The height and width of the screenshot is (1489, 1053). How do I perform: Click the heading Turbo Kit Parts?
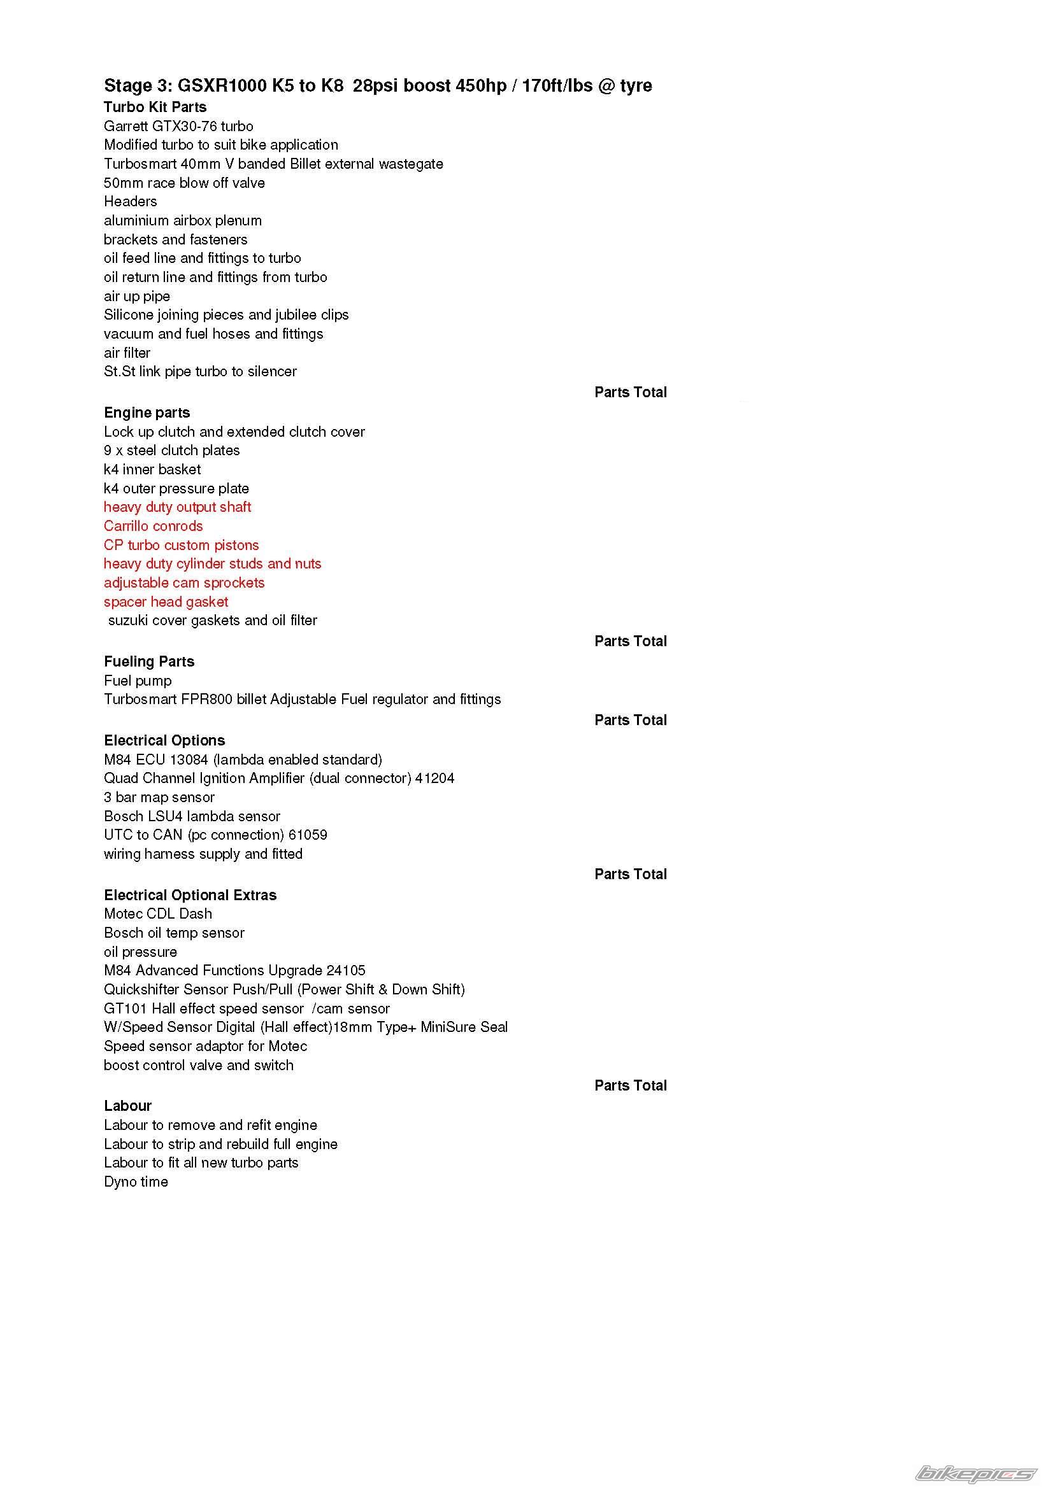[155, 107]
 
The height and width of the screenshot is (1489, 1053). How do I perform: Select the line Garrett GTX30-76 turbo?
[178, 126]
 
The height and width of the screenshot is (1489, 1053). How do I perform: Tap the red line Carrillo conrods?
[153, 526]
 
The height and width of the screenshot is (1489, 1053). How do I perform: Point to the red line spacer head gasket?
[166, 602]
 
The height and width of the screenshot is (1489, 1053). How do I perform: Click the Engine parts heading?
[147, 413]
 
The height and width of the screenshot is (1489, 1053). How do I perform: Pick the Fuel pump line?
[138, 681]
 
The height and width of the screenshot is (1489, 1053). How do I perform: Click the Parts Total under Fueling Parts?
[630, 720]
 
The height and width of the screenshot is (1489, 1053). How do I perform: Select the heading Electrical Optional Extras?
[190, 895]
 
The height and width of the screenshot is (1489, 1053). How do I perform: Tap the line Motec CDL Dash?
[157, 914]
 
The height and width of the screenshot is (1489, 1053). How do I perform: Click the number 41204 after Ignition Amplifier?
[434, 778]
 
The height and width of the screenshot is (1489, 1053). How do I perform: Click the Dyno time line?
[136, 1182]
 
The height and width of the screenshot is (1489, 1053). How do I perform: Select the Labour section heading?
[128, 1106]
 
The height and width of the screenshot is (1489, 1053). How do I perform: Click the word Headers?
[131, 201]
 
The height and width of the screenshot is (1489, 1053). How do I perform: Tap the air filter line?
[127, 353]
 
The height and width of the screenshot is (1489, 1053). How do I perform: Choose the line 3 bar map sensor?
[159, 797]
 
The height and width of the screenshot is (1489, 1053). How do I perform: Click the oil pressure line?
[140, 951]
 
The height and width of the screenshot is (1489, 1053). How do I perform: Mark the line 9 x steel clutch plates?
[171, 450]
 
